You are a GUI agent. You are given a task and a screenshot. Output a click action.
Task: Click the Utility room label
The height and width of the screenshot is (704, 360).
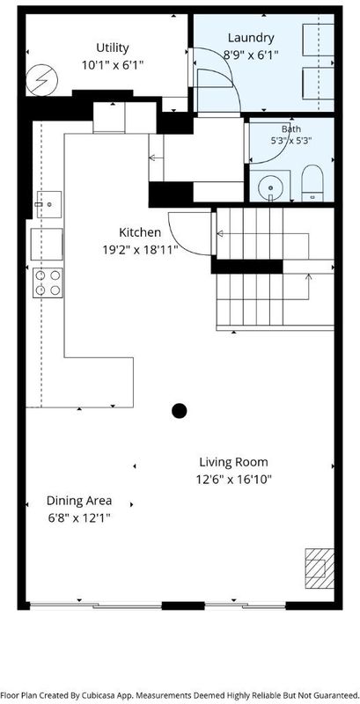(113, 48)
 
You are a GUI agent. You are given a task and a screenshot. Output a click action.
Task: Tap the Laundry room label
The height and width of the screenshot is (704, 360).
(251, 38)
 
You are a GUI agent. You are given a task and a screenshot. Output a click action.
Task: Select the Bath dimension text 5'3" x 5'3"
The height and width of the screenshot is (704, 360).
(290, 140)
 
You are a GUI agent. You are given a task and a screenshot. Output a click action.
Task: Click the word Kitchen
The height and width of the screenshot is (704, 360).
(140, 232)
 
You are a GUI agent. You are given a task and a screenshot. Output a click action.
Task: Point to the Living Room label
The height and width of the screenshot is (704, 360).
(233, 462)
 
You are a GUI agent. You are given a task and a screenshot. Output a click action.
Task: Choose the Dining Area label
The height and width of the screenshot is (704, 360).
(79, 501)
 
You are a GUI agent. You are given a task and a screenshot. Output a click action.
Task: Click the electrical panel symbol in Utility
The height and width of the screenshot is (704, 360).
(41, 80)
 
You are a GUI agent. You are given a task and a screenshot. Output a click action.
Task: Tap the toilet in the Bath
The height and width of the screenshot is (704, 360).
(312, 183)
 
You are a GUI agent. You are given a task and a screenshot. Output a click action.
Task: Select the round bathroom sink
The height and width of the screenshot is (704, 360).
(271, 186)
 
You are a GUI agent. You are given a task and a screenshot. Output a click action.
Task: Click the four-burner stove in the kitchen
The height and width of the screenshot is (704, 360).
(48, 282)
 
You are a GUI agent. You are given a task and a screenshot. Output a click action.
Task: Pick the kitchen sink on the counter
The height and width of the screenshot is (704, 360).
(49, 205)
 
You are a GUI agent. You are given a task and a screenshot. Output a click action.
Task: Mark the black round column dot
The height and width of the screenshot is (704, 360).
(179, 410)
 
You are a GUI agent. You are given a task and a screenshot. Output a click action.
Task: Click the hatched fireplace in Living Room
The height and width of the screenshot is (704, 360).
(320, 568)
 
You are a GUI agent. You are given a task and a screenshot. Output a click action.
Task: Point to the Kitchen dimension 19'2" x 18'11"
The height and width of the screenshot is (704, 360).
(140, 250)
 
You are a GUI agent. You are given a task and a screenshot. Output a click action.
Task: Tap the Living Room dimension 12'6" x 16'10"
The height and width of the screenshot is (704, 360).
(234, 480)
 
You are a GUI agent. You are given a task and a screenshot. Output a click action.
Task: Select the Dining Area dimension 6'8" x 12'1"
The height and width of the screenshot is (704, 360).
(79, 518)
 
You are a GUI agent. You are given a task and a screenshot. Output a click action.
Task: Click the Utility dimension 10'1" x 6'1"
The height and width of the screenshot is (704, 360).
(113, 65)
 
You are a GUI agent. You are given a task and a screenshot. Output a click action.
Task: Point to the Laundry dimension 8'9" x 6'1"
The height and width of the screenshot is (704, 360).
(251, 55)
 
